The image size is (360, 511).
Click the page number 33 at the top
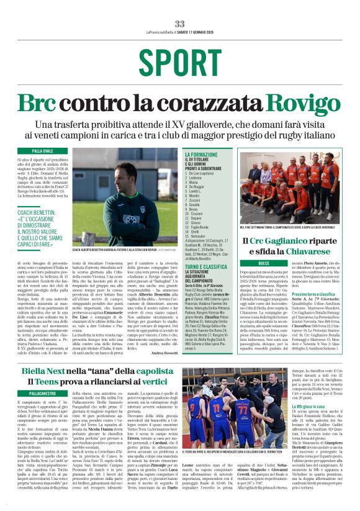(x=180, y=24)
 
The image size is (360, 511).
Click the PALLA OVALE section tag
(x=43, y=151)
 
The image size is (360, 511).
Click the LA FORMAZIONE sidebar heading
(x=202, y=154)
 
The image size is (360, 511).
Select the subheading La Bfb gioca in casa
(x=313, y=423)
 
